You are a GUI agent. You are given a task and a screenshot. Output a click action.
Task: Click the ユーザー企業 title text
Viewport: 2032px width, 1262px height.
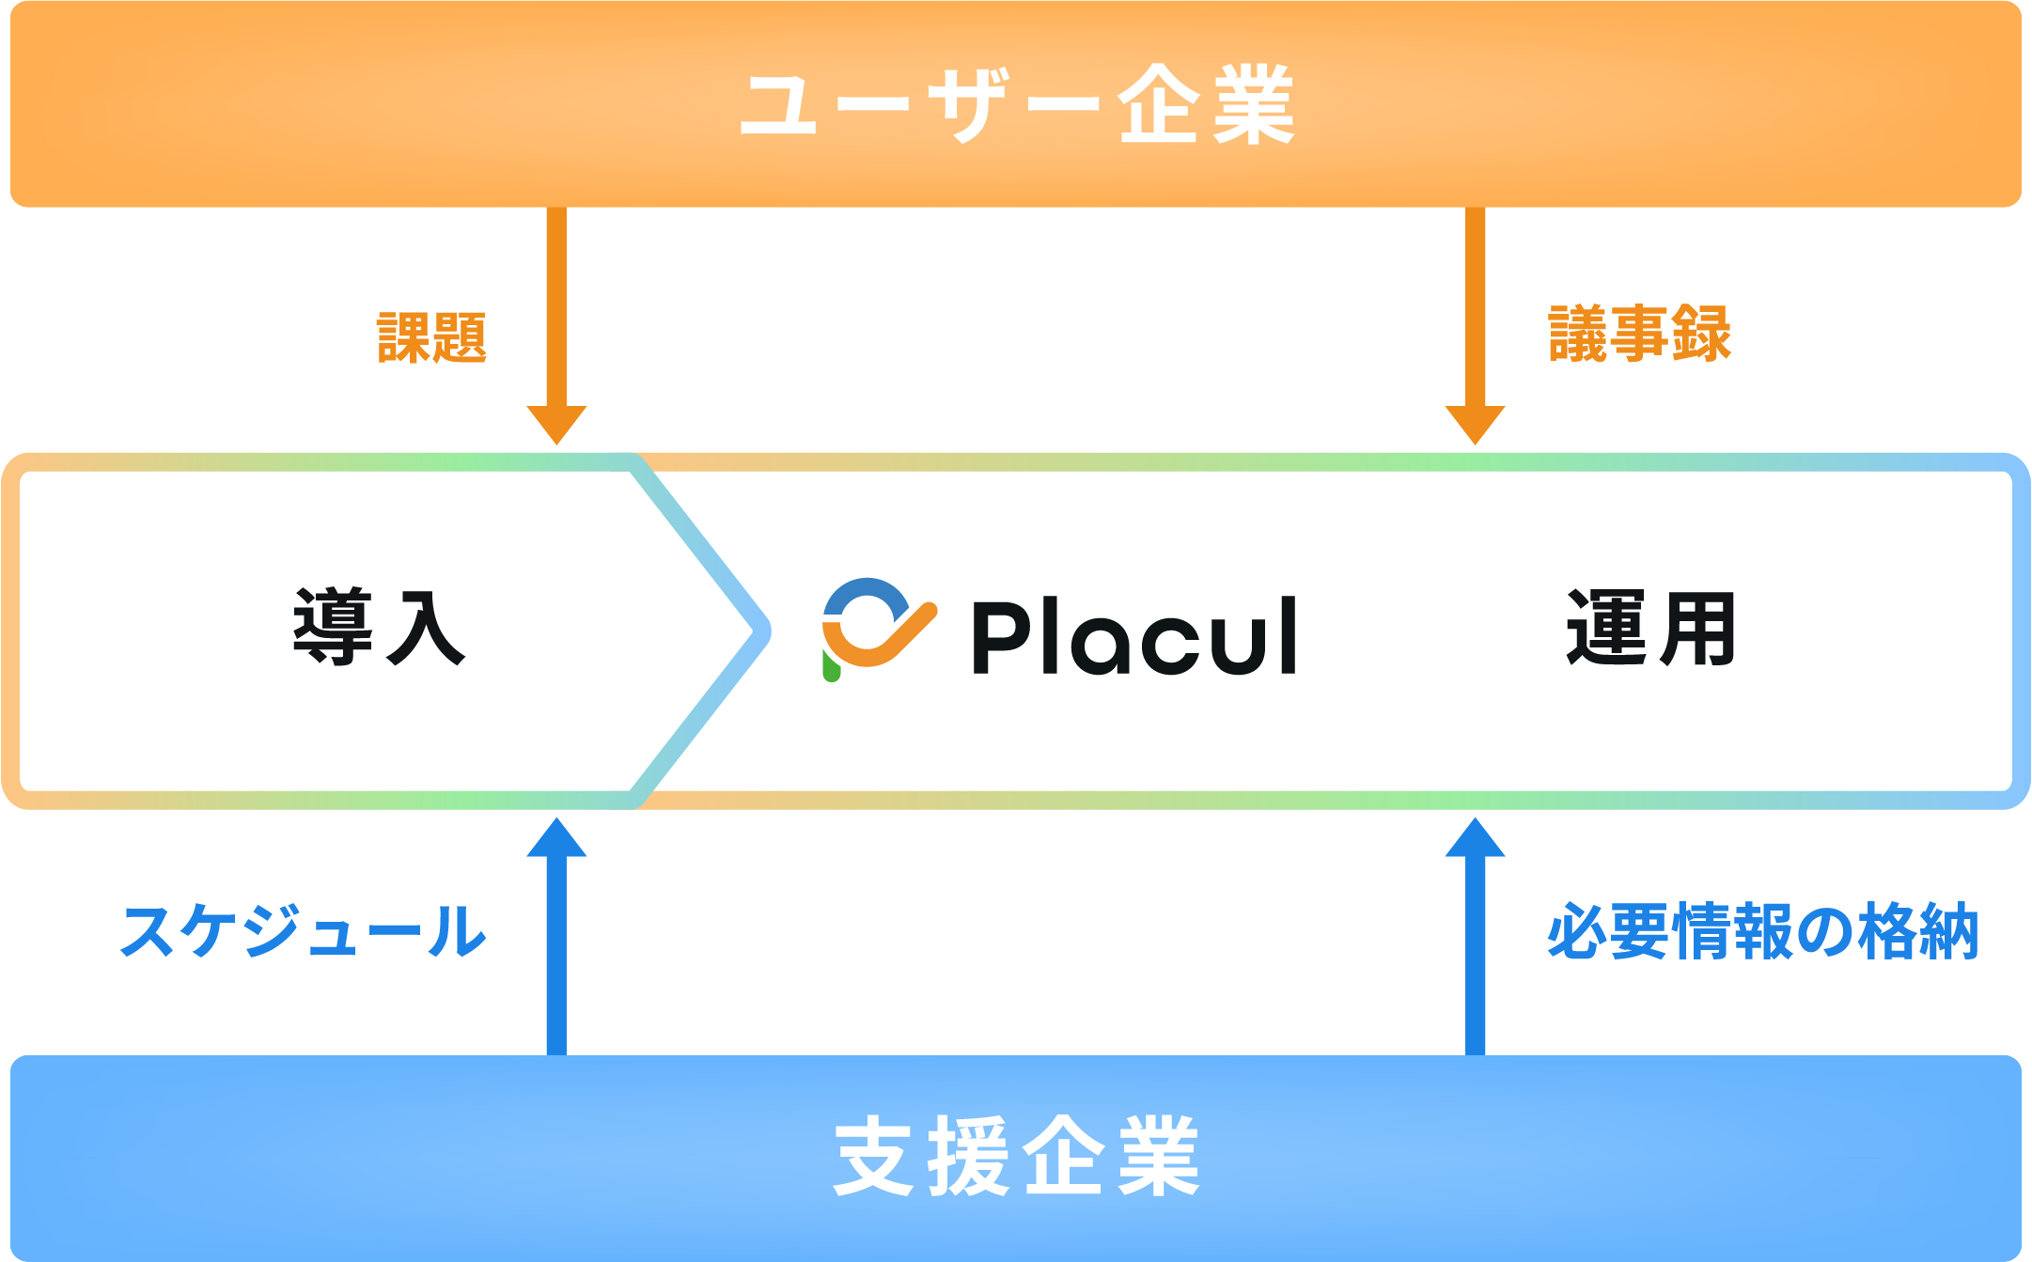point(1017,104)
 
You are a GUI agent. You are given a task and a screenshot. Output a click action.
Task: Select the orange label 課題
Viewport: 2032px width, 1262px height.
point(431,337)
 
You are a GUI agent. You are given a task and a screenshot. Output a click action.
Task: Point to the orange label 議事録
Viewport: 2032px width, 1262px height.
point(1639,334)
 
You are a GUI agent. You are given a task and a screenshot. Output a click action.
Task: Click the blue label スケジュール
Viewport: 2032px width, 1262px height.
point(303,931)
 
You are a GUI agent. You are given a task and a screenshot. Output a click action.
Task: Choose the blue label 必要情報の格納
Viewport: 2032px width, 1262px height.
point(1762,931)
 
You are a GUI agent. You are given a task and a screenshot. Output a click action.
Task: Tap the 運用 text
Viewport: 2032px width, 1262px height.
point(1650,628)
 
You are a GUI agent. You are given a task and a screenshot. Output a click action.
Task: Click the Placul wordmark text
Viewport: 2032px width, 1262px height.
point(1134,636)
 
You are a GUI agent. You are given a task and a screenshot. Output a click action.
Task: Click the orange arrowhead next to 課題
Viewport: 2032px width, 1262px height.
point(556,424)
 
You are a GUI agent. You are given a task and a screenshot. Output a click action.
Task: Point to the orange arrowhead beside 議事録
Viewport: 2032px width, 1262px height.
point(1475,424)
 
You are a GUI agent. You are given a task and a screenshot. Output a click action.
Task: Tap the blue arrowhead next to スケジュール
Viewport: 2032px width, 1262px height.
point(556,837)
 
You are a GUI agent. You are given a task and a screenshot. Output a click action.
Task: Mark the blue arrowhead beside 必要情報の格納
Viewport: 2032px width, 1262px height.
point(1475,837)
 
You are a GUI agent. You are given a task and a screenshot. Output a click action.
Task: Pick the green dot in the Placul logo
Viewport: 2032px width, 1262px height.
point(831,666)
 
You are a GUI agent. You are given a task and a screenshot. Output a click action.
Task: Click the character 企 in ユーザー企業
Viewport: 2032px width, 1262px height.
point(1158,104)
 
